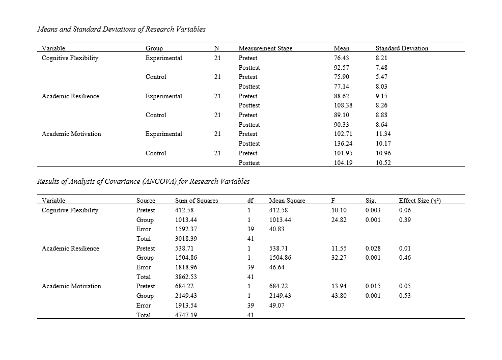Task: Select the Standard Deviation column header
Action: tap(402, 48)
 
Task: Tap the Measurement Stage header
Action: tap(265, 48)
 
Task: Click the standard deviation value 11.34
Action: tap(383, 134)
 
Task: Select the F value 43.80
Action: tap(339, 296)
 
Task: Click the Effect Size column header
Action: tap(420, 201)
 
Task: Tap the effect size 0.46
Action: tap(405, 258)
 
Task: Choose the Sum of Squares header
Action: tap(196, 201)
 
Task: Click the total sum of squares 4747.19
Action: tap(185, 315)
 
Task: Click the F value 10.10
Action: tap(339, 210)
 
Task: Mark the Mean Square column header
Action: tap(287, 201)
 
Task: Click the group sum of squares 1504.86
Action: tap(185, 258)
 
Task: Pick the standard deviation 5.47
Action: tap(381, 77)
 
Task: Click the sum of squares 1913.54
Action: tap(185, 306)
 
